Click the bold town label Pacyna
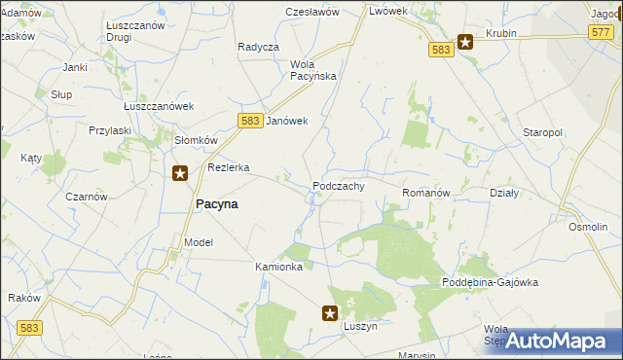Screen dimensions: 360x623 (x=217, y=204)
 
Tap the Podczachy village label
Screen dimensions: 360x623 (x=338, y=186)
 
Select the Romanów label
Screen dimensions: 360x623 (x=425, y=194)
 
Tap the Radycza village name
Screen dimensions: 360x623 (x=258, y=47)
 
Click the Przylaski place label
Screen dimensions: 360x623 (x=110, y=129)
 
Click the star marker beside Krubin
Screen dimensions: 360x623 (x=465, y=42)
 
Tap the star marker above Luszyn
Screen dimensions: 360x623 (x=330, y=313)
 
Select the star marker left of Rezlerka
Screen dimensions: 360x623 (x=180, y=174)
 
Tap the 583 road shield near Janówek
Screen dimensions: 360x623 (x=247, y=120)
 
